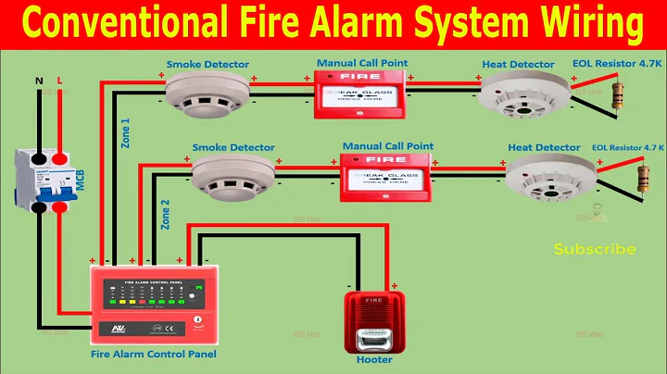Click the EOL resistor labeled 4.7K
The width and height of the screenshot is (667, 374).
pyautogui.click(x=615, y=91)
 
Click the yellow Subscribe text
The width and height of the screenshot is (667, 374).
pyautogui.click(x=595, y=249)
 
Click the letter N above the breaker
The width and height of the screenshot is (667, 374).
pyautogui.click(x=39, y=81)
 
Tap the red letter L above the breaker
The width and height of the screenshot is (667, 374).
pyautogui.click(x=61, y=81)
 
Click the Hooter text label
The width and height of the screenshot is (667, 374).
pyautogui.click(x=374, y=359)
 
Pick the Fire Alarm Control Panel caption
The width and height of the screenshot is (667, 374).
pyautogui.click(x=153, y=353)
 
